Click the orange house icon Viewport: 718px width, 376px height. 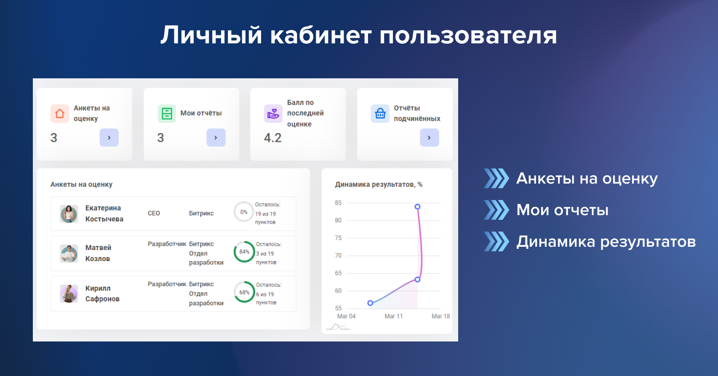pyautogui.click(x=60, y=113)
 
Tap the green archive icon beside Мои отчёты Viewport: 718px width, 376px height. pyautogui.click(x=167, y=113)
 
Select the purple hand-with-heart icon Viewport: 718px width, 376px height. pyautogui.click(x=273, y=113)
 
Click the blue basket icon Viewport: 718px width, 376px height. pyautogui.click(x=380, y=113)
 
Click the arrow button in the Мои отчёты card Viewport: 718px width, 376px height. pyautogui.click(x=216, y=138)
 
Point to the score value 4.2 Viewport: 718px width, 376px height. pyautogui.click(x=272, y=138)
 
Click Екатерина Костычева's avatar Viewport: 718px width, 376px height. pyautogui.click(x=69, y=214)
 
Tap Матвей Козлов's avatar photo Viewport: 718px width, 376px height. pyautogui.click(x=69, y=253)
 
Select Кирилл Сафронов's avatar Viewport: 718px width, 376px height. pyautogui.click(x=69, y=293)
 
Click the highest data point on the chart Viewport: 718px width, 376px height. pyautogui.click(x=417, y=207)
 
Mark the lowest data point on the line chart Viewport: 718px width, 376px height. pyautogui.click(x=370, y=303)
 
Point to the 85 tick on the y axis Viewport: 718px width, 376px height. pyautogui.click(x=338, y=203)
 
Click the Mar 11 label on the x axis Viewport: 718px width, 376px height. pyautogui.click(x=394, y=316)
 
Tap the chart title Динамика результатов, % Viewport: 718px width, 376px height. pyautogui.click(x=379, y=185)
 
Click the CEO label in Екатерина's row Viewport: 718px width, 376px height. pyautogui.click(x=154, y=213)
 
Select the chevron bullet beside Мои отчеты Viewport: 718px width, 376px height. pyautogui.click(x=496, y=210)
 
